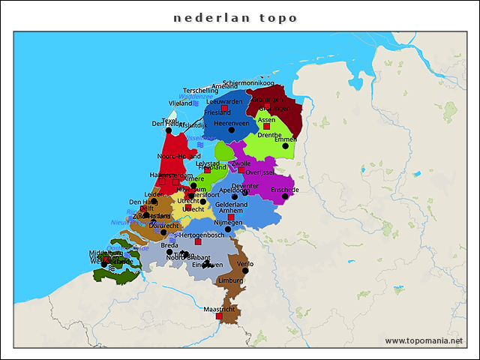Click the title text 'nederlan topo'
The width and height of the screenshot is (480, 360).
[x=235, y=18]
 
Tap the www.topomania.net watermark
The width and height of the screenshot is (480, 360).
[x=424, y=341]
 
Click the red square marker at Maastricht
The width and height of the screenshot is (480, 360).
[x=219, y=316]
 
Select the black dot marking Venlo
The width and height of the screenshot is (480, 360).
[x=245, y=271]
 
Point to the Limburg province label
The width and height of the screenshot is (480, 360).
[x=230, y=280]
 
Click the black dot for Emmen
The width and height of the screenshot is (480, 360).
[x=285, y=145]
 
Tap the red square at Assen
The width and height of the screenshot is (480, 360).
[x=266, y=126]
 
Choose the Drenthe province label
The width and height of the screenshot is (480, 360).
[x=269, y=136]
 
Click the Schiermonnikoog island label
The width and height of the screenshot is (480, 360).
[x=249, y=83]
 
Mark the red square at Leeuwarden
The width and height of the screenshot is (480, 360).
[x=224, y=108]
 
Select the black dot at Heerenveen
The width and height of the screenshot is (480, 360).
[x=231, y=130]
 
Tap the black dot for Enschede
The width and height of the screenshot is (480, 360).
[x=285, y=196]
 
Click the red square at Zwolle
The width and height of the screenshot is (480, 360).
[x=241, y=169]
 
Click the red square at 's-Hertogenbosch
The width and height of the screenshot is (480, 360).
[x=198, y=241]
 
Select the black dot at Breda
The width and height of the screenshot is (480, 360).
[x=169, y=252]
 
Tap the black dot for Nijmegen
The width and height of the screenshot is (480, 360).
[x=228, y=229]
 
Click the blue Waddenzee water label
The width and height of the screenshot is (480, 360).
[x=196, y=97]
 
